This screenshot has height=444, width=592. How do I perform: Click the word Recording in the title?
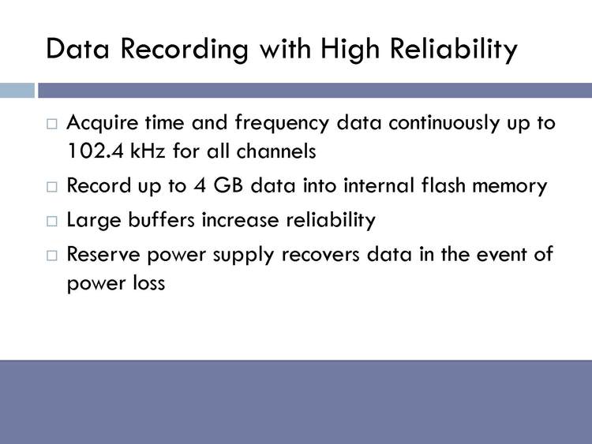[x=185, y=50]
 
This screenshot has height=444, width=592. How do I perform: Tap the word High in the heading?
[x=350, y=50]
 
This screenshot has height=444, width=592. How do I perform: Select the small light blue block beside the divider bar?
[x=17, y=91]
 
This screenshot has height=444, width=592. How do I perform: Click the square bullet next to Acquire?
[x=52, y=124]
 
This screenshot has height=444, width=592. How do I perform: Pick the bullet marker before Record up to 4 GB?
[x=52, y=187]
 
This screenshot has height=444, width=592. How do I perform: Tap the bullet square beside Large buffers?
[x=52, y=221]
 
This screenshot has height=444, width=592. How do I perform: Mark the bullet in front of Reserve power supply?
[x=52, y=256]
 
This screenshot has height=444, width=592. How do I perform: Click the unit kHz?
[x=148, y=151]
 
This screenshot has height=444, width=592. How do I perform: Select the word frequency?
[x=282, y=124]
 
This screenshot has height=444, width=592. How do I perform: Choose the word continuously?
[x=444, y=124]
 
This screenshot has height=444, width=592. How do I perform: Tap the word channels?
[x=276, y=151]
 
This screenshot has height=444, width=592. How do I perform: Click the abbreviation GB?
[x=228, y=185]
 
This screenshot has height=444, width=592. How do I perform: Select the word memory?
[x=510, y=187]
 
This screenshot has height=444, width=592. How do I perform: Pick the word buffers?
[x=161, y=219]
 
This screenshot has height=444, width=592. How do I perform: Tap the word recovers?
[x=320, y=256]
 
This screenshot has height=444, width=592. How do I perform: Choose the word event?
[x=501, y=255]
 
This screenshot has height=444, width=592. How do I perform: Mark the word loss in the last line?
[x=149, y=282]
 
